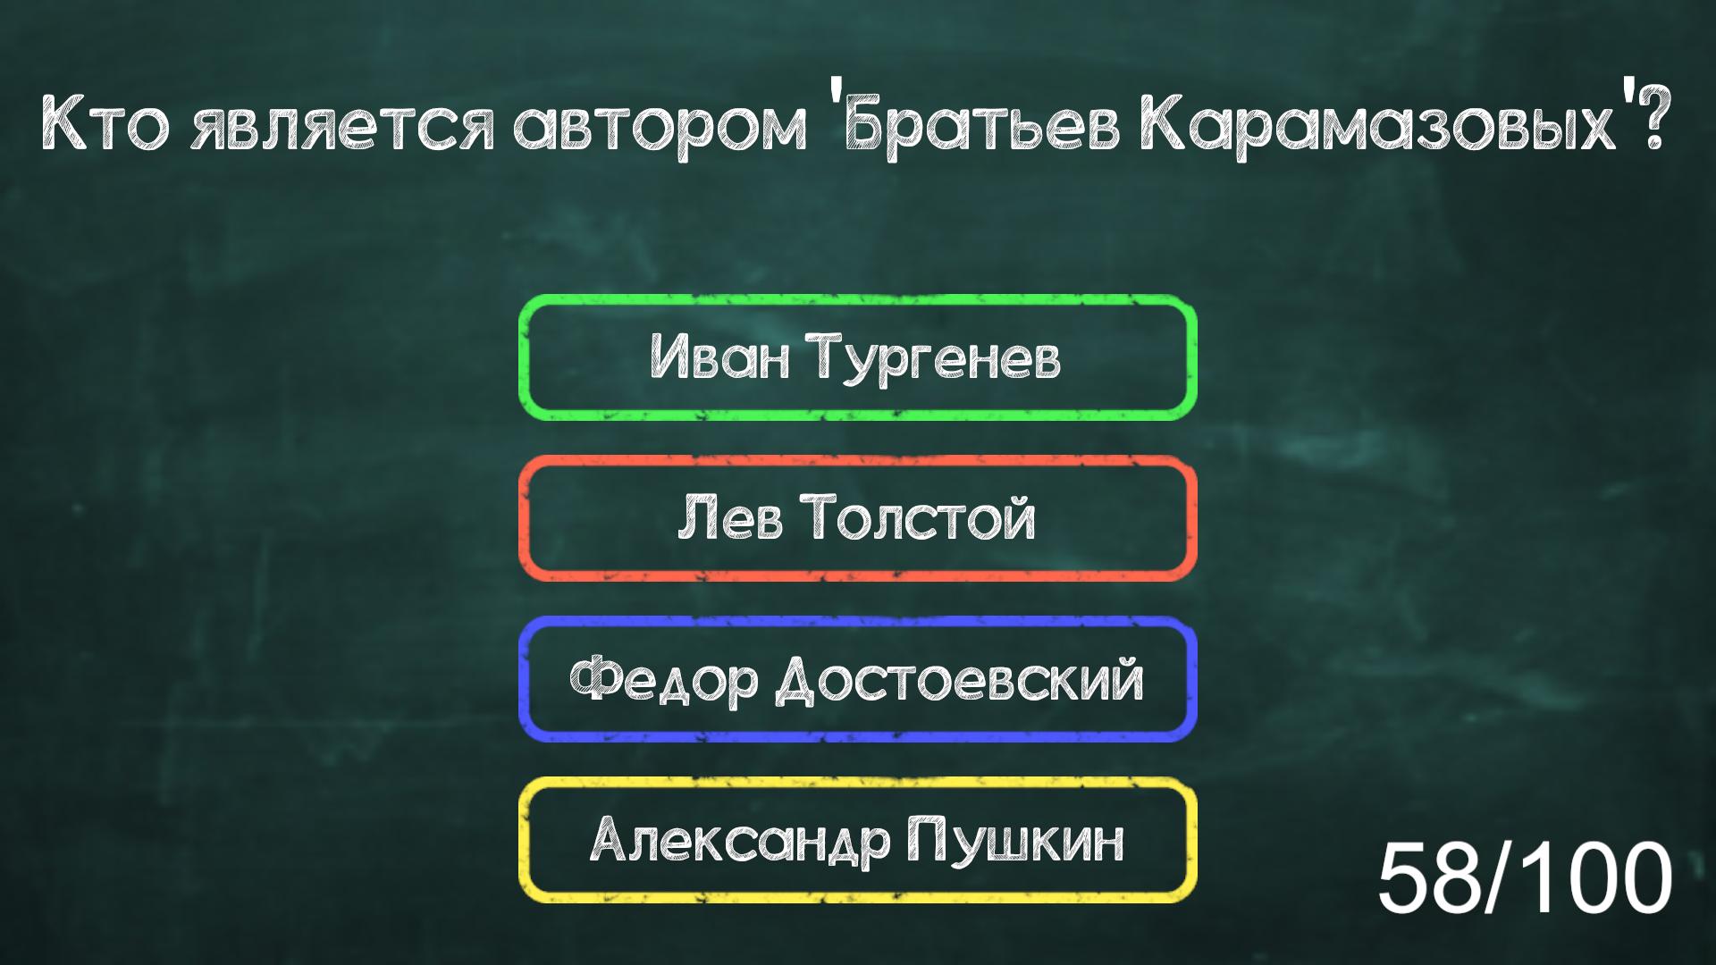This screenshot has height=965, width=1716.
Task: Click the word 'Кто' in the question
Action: [x=105, y=127]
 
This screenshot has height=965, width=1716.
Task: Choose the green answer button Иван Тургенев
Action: [x=857, y=357]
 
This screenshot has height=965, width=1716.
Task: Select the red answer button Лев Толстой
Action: [x=857, y=518]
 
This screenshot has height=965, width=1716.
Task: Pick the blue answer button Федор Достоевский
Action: [x=857, y=679]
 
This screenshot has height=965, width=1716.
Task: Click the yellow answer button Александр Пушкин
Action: [x=857, y=840]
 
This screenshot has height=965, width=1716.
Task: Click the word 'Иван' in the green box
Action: [x=719, y=357]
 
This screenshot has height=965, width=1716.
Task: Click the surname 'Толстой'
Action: [x=919, y=518]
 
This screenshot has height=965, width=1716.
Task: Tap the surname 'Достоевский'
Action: [x=959, y=681]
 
